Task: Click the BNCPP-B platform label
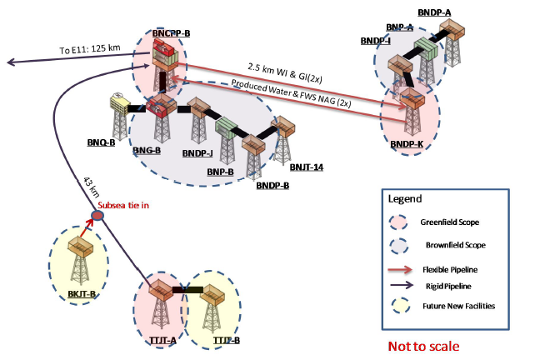(172, 32)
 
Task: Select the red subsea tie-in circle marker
(97, 217)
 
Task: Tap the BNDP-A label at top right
(459, 12)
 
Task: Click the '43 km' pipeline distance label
(91, 184)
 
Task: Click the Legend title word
(404, 199)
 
